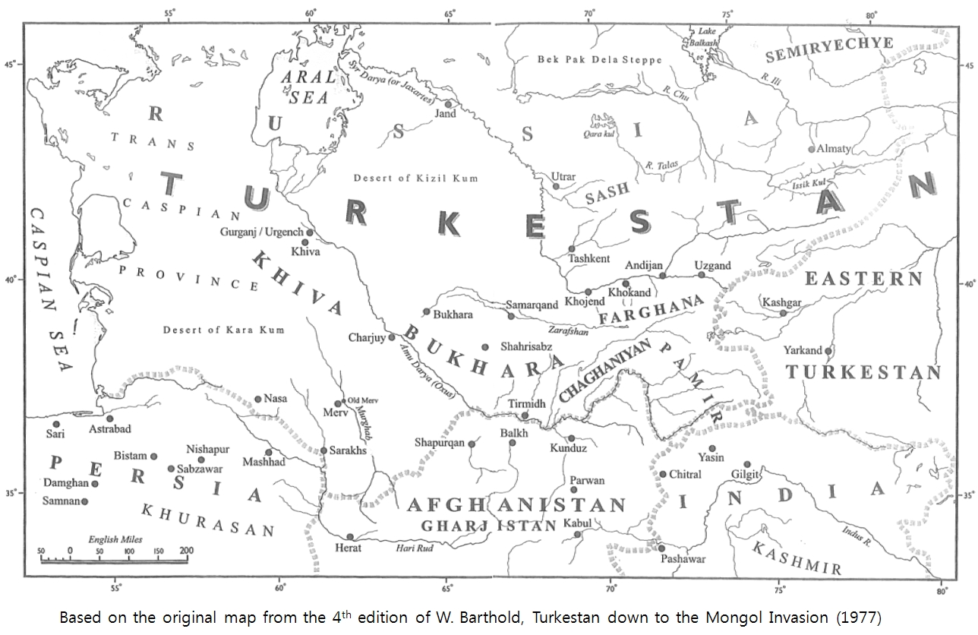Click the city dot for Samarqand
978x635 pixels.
tap(511, 316)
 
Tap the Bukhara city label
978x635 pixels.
tap(454, 314)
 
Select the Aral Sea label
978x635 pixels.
tap(308, 87)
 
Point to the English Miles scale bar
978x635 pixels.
tap(114, 561)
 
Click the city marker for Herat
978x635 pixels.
tap(350, 536)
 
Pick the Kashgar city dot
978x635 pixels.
tap(784, 313)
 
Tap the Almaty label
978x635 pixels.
tap(834, 149)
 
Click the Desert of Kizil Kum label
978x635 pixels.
tap(415, 178)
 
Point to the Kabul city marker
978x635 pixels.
tap(578, 534)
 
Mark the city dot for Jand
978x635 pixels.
tap(449, 104)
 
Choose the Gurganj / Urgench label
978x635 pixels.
tap(260, 232)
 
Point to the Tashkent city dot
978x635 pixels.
tap(572, 249)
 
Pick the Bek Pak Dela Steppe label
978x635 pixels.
tap(600, 59)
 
